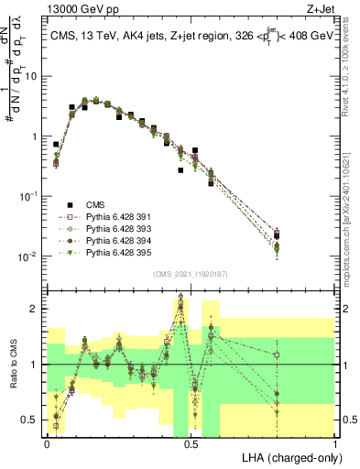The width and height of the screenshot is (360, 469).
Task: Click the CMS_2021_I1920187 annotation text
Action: click(x=191, y=273)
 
